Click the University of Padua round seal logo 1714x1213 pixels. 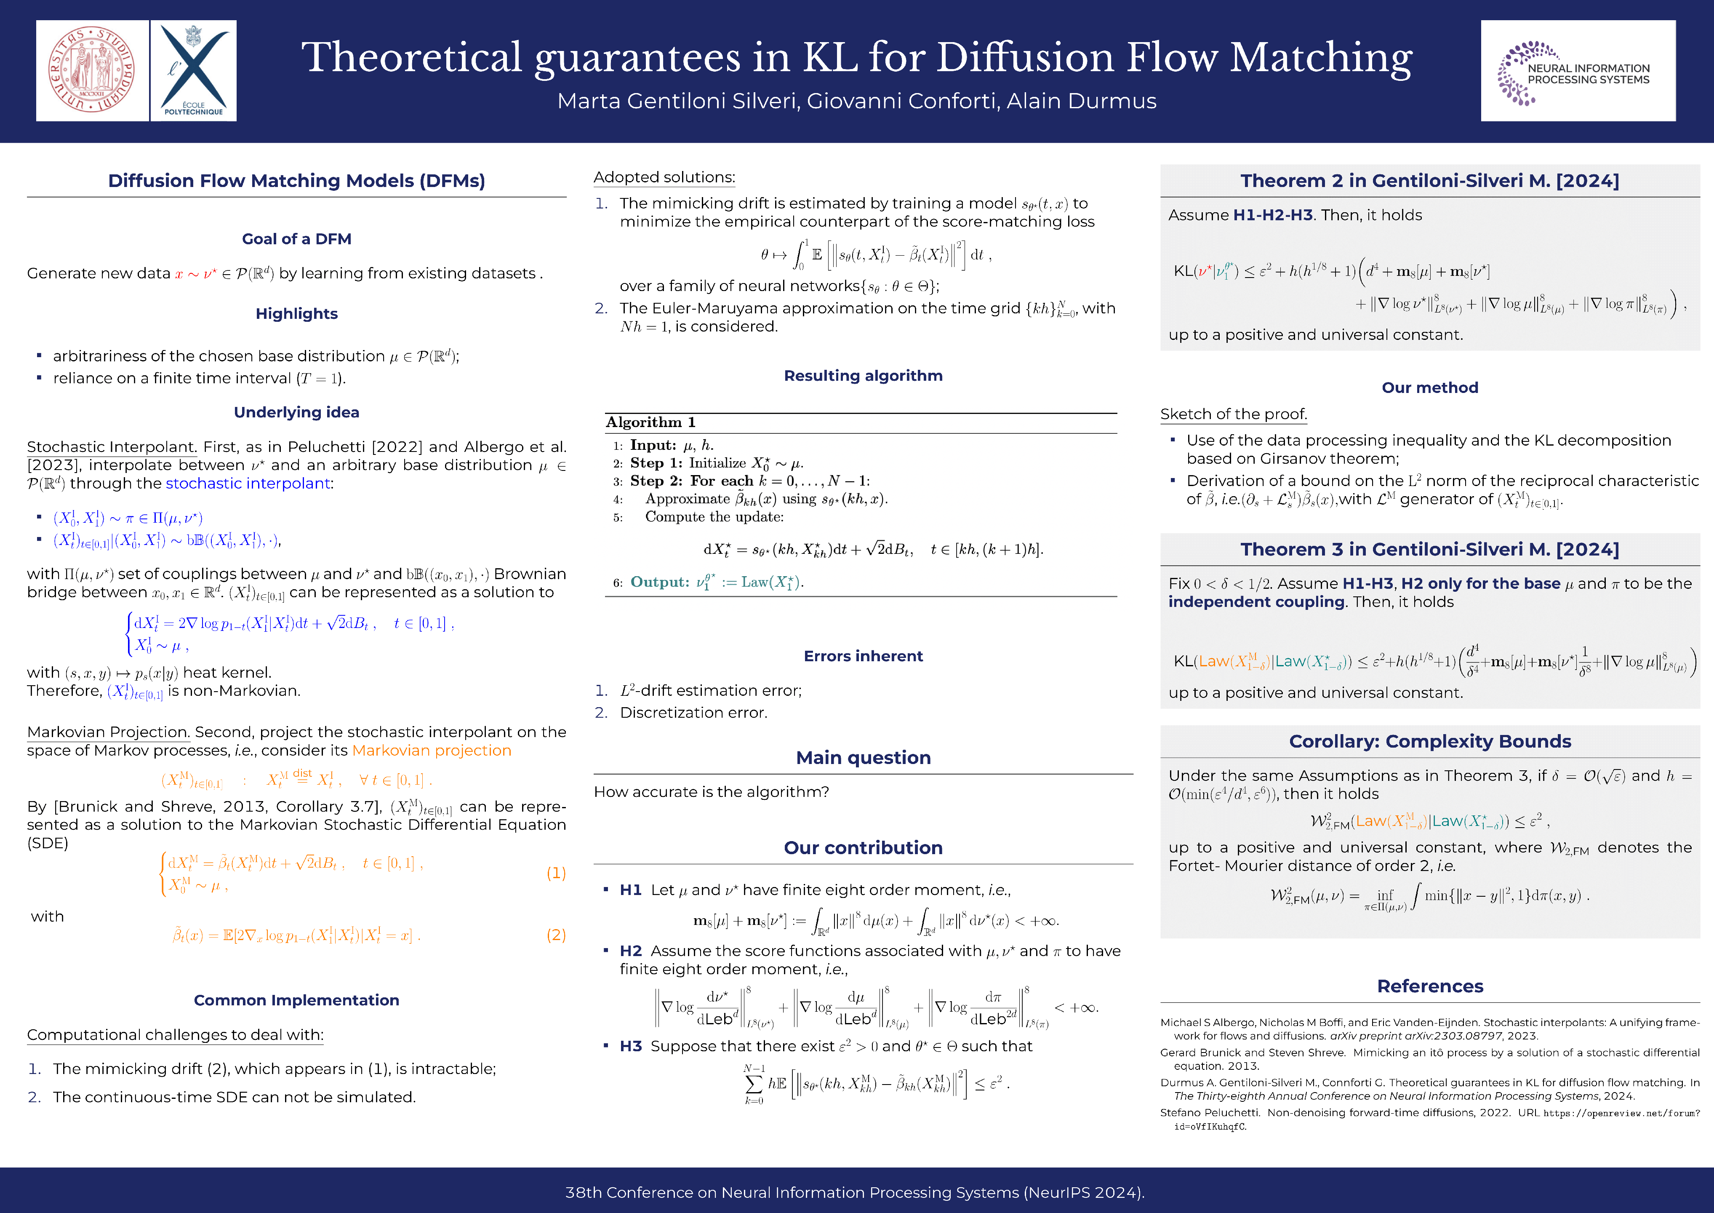pyautogui.click(x=92, y=70)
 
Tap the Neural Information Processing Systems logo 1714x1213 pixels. pyautogui.click(x=1578, y=71)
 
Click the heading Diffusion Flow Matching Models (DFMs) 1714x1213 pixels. pyautogui.click(x=296, y=181)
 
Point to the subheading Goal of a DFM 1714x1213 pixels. pyautogui.click(x=296, y=239)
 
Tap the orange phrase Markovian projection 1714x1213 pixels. pyautogui.click(x=432, y=751)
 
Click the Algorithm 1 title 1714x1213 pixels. pyautogui.click(x=650, y=422)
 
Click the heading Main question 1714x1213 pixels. pyautogui.click(x=863, y=757)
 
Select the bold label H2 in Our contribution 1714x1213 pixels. pyautogui.click(x=631, y=951)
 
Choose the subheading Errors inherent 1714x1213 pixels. pyautogui.click(x=863, y=656)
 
